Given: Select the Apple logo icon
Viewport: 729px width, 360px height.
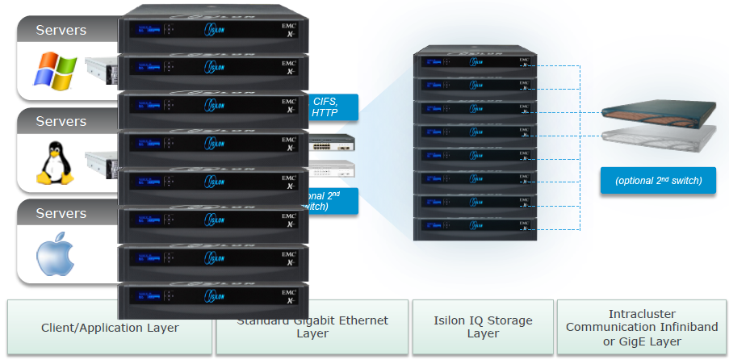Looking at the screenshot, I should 54,253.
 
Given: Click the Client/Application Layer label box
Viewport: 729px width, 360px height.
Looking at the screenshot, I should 110,328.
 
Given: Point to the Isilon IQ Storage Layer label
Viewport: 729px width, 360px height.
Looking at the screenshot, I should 483,327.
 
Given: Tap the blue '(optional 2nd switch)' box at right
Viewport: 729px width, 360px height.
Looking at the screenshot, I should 657,181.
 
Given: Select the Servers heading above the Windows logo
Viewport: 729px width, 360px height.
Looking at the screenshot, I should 61,31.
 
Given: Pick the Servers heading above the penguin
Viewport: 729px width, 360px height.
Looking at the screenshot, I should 61,121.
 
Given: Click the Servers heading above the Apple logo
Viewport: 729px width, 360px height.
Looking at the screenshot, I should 61,213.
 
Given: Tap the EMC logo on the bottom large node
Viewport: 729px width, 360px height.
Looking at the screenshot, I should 288,293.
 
